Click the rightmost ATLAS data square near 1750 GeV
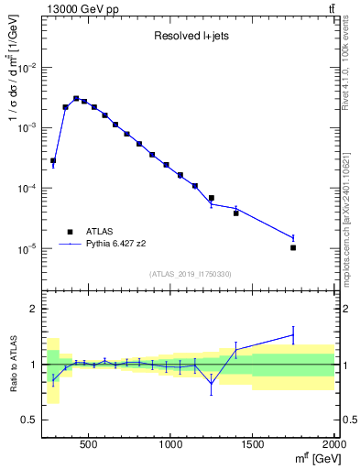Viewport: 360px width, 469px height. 293,247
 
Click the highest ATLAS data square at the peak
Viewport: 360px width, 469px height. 76,98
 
